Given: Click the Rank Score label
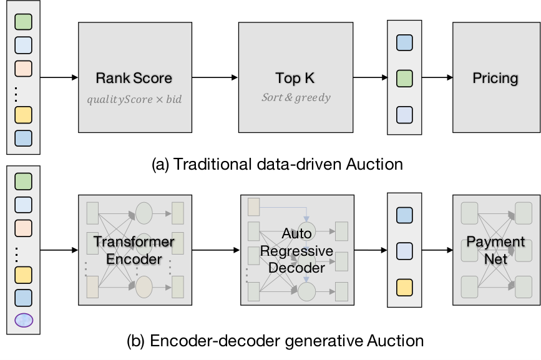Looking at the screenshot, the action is click(x=134, y=78).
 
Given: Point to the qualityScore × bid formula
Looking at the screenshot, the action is click(x=134, y=99).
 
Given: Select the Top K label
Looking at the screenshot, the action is click(x=295, y=78).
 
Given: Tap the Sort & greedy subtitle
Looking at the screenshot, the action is click(x=296, y=97).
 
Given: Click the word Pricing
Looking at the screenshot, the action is click(x=495, y=78).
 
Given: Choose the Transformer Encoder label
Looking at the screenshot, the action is click(x=134, y=250).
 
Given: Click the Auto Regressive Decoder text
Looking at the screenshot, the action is click(x=297, y=251).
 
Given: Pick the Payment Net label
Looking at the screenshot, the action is click(x=496, y=250).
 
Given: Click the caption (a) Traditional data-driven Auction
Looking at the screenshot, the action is click(x=277, y=164).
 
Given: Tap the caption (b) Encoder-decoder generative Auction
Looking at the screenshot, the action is click(x=275, y=341).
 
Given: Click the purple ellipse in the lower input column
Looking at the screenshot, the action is click(x=24, y=320).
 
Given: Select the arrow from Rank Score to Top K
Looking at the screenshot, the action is click(x=215, y=77).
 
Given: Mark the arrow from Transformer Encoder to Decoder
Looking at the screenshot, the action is click(x=216, y=250).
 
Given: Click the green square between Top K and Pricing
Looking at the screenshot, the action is click(x=404, y=78).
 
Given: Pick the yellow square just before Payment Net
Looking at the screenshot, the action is click(x=404, y=288).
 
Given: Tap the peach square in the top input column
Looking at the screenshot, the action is click(x=24, y=69).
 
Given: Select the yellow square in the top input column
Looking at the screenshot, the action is click(x=24, y=115).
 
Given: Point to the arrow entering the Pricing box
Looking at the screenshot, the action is click(x=437, y=77).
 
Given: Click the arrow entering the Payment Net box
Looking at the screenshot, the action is click(x=437, y=250).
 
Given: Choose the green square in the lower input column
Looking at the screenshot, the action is click(x=24, y=182).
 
